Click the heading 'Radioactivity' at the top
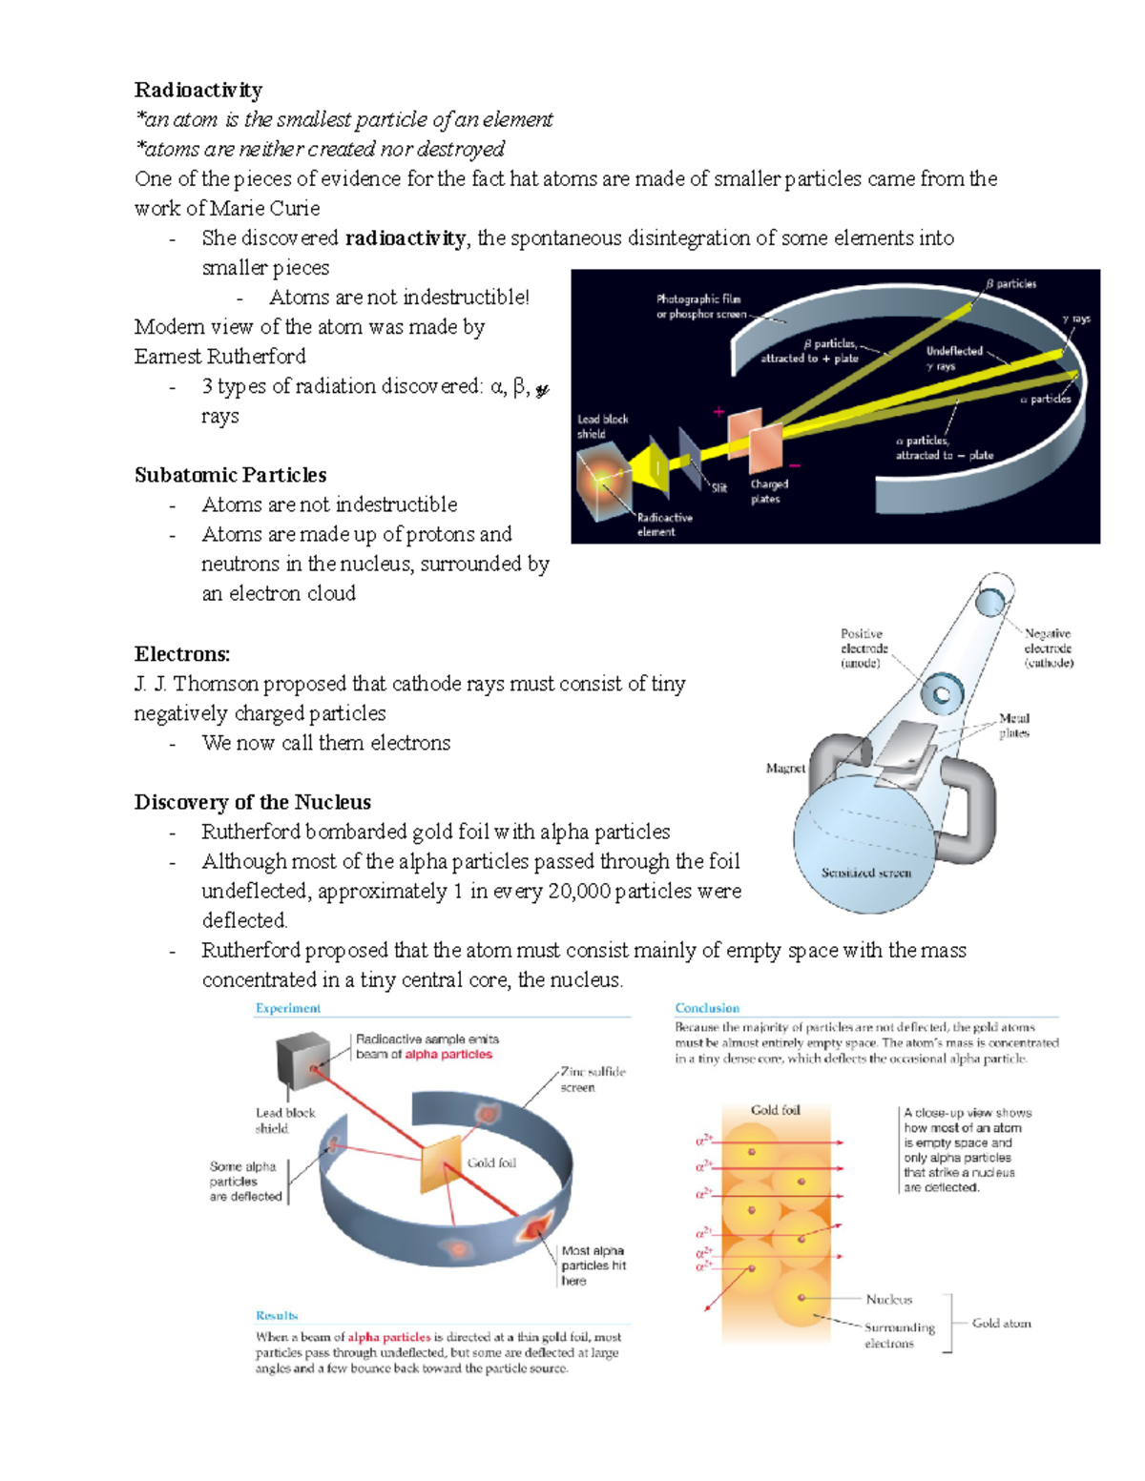[x=198, y=90]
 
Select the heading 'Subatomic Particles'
[x=230, y=475]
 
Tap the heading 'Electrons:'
[x=182, y=654]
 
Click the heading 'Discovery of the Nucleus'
[x=252, y=802]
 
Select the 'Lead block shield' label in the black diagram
[x=602, y=426]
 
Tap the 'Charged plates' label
[x=768, y=491]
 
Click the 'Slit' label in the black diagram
[x=718, y=487]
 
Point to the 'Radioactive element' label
[x=664, y=525]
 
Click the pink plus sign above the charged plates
[x=718, y=412]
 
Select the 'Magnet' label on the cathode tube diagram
[x=785, y=768]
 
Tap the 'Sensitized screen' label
[x=865, y=873]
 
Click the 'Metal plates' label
[x=1013, y=726]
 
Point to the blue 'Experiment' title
[x=287, y=1008]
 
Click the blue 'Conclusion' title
[x=707, y=1008]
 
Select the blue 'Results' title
[x=276, y=1315]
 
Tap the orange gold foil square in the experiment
[x=442, y=1164]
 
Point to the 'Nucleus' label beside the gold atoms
[x=888, y=1299]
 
